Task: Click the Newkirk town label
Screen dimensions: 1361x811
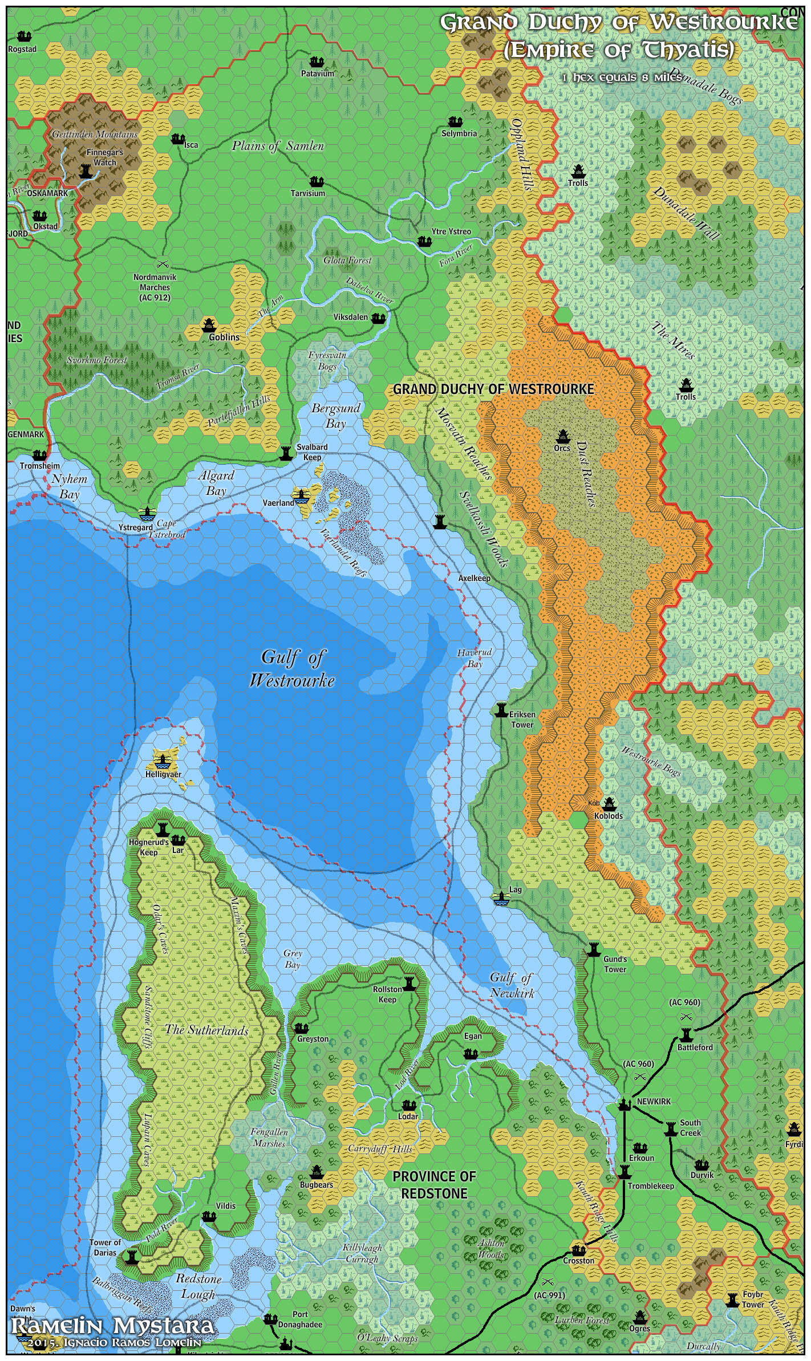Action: click(654, 1102)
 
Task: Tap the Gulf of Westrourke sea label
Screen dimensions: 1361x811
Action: click(292, 669)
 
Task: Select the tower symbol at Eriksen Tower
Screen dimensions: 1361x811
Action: click(501, 709)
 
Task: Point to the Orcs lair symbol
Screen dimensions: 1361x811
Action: click(562, 437)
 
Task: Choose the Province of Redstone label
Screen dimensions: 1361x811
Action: click(433, 1185)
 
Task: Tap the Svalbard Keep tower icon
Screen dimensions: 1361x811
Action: click(286, 453)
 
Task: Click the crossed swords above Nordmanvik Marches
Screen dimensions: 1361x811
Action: click(163, 264)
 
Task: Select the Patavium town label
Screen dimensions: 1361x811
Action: click(318, 74)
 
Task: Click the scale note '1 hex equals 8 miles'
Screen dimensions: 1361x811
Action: click(622, 77)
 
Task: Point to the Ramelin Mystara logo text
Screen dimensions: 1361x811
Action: click(113, 1326)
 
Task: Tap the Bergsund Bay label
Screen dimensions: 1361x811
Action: click(336, 416)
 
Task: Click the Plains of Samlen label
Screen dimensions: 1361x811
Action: click(278, 146)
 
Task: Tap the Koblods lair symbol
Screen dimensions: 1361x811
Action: click(610, 804)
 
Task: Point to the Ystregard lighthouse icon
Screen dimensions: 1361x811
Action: click(147, 513)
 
